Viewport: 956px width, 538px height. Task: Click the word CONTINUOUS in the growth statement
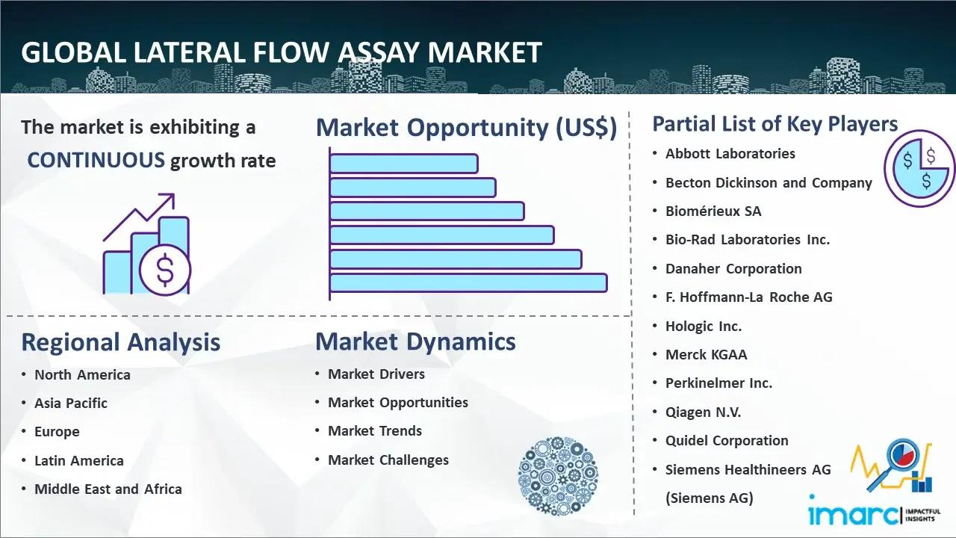[96, 160]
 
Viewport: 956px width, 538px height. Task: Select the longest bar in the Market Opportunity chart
[468, 283]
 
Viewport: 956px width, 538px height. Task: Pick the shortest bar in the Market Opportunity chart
[404, 164]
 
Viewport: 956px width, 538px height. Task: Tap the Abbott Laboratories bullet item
[730, 154]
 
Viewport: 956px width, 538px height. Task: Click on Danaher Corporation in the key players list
[733, 268]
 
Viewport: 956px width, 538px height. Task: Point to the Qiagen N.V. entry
[703, 412]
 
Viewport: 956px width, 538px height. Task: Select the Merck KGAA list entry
[707, 354]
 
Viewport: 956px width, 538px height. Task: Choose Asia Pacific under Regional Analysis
[71, 403]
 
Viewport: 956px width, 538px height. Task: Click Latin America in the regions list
[79, 461]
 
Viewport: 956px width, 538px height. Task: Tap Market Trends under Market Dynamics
[375, 431]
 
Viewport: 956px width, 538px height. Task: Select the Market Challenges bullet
[388, 460]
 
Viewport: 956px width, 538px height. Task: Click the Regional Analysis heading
[121, 342]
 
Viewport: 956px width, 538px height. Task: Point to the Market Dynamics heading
[415, 341]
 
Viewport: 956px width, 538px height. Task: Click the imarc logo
[874, 512]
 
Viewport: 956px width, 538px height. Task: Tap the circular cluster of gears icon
[558, 476]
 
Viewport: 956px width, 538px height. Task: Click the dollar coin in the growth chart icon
[165, 270]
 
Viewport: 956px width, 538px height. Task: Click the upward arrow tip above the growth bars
[173, 195]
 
